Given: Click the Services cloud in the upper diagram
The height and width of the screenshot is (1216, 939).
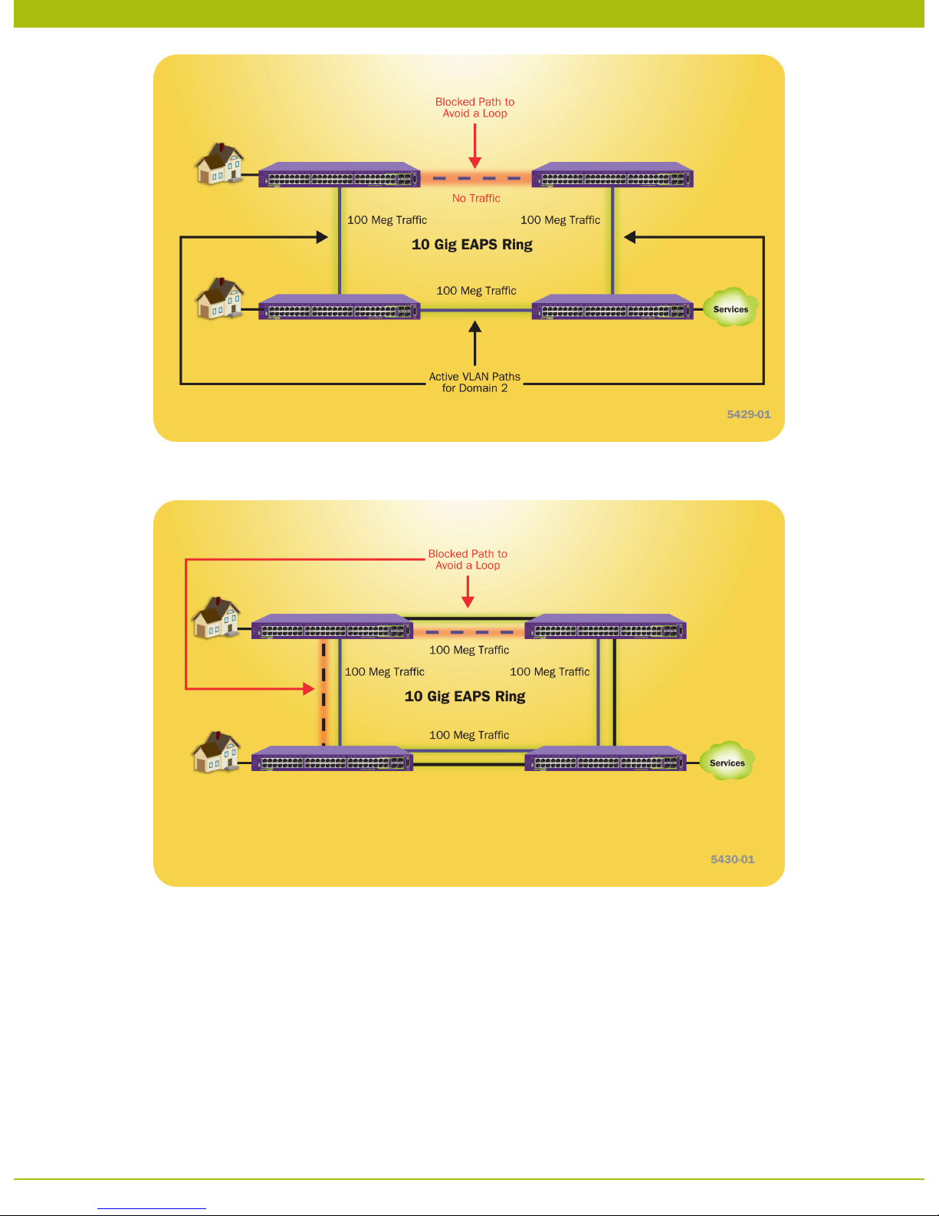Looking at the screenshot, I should [x=731, y=308].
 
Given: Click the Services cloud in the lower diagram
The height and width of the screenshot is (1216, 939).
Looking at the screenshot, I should [x=727, y=762].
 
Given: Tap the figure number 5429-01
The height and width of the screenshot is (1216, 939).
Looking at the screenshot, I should [x=748, y=414].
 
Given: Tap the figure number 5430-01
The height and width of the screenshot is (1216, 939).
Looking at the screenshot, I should [x=732, y=859].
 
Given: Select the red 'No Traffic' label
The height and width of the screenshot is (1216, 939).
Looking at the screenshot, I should [x=476, y=198].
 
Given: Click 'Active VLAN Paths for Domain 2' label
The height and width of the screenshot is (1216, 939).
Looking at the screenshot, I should [x=474, y=382].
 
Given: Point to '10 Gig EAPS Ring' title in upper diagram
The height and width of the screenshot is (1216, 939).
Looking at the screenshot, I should [x=472, y=245].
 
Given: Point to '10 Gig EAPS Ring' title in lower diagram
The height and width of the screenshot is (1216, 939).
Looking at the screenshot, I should [x=465, y=697].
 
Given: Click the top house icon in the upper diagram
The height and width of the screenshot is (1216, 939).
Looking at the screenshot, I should [x=220, y=163].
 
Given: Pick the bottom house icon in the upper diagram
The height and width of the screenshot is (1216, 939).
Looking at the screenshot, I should [x=220, y=298].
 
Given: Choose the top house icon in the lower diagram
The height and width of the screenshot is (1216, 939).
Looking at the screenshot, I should [x=216, y=618].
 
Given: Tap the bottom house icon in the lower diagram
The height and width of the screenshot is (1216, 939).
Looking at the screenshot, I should [x=216, y=752].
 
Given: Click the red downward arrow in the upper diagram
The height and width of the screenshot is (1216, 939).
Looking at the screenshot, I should [x=475, y=146].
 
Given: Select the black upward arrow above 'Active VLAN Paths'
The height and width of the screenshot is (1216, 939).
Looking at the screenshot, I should [x=475, y=342].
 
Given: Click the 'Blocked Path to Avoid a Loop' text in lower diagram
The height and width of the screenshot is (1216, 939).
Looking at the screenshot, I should [x=468, y=559].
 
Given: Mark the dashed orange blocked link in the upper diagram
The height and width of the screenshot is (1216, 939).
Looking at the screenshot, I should [x=475, y=179].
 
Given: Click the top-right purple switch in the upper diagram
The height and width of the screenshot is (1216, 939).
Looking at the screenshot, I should [x=612, y=176].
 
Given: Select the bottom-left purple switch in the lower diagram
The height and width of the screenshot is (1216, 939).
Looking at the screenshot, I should [x=332, y=759].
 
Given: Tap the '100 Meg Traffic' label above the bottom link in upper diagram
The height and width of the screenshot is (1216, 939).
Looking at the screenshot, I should [x=476, y=291].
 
